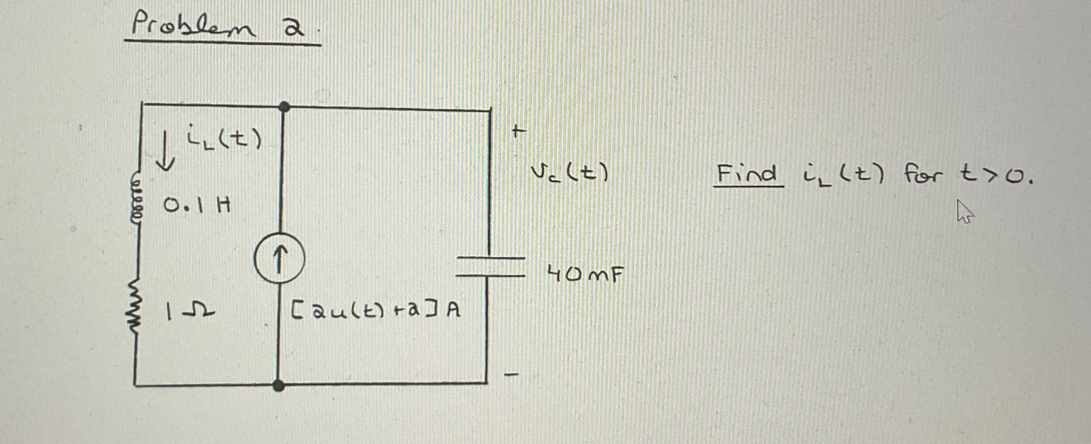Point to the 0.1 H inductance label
click(197, 207)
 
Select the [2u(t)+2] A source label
click(375, 311)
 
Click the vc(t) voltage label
click(570, 173)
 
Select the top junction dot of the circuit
click(285, 107)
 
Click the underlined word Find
click(748, 174)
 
